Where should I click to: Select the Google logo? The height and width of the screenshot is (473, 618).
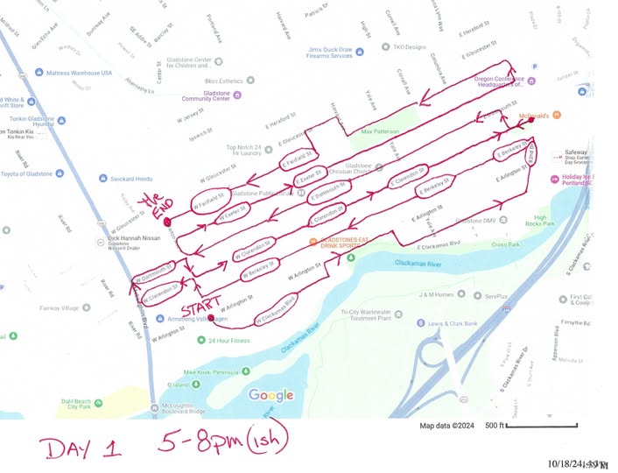tap(270, 395)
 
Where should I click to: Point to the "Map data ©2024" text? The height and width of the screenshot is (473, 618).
tap(446, 427)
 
